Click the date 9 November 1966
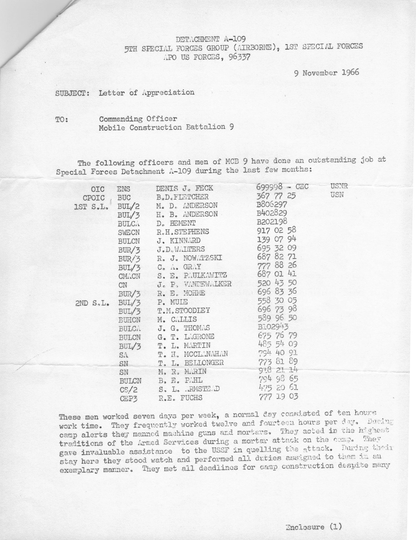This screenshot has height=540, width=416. click(326, 73)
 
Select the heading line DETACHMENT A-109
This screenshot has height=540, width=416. click(211, 39)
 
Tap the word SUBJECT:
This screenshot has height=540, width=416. click(72, 93)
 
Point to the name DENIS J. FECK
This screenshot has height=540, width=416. click(184, 188)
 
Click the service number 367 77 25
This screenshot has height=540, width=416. click(276, 196)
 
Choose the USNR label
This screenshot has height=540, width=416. click(339, 186)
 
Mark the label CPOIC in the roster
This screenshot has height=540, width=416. click(94, 198)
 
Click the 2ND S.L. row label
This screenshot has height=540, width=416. click(92, 304)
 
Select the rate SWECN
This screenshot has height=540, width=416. click(129, 232)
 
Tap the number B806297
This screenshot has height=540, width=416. click(272, 204)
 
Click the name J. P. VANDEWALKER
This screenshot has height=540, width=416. click(194, 284)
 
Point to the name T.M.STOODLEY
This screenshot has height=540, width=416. click(183, 311)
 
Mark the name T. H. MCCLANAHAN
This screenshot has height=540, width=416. click(193, 354)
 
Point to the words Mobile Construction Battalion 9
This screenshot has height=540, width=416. click(166, 127)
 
